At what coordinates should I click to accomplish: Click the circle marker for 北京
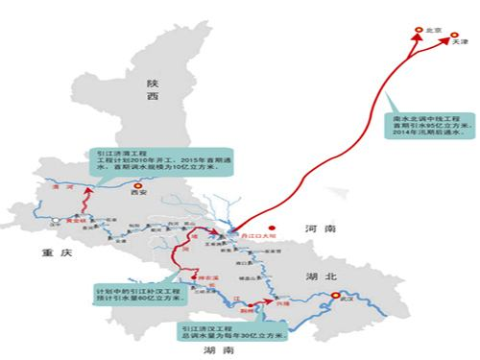419,32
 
